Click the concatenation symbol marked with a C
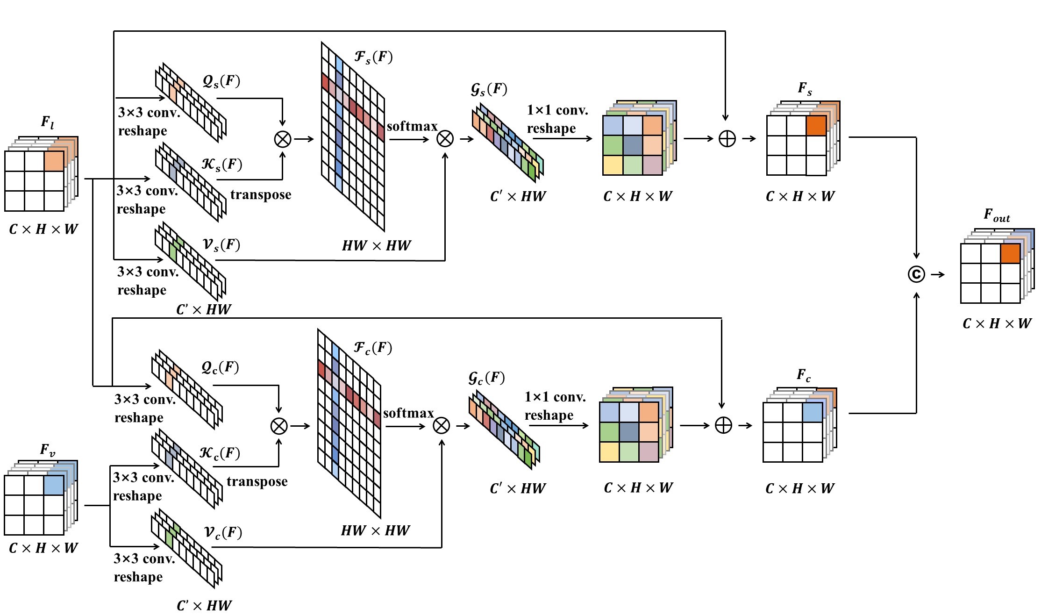[x=916, y=274]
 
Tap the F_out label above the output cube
[x=997, y=215]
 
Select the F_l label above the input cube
[x=47, y=123]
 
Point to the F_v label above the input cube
[x=48, y=450]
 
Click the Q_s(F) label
[x=221, y=81]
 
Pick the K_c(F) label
[x=219, y=453]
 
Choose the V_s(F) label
[x=221, y=244]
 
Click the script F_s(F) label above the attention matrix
[x=373, y=57]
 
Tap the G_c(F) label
[x=486, y=378]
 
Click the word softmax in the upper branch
[x=412, y=126]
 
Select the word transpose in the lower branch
[x=257, y=482]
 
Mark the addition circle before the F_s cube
[x=727, y=139]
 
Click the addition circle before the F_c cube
[x=723, y=425]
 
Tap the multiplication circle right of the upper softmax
[x=445, y=139]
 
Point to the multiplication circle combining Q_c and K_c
[x=279, y=426]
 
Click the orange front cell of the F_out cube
[x=1010, y=254]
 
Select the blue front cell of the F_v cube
[x=54, y=486]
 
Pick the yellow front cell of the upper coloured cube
[x=613, y=165]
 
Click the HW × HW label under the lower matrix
[x=376, y=530]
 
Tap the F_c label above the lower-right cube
[x=804, y=375]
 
